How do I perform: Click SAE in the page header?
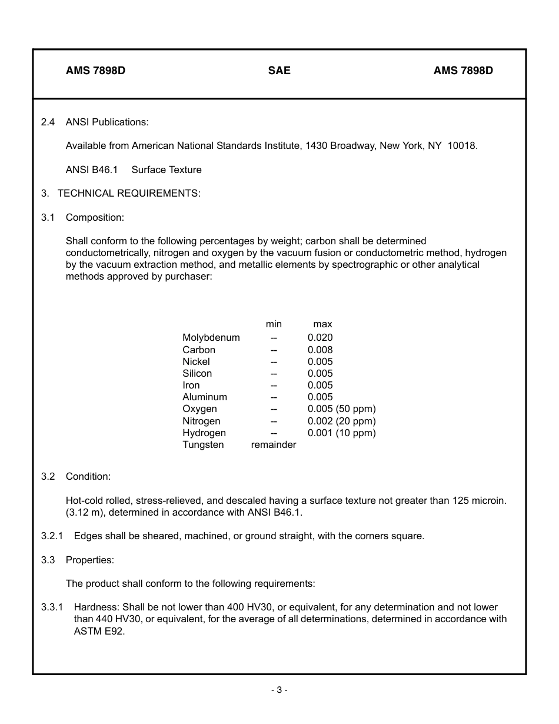coord(279,71)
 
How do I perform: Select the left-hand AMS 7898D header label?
coord(95,71)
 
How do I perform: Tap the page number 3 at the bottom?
coord(279,690)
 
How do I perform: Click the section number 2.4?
coord(48,122)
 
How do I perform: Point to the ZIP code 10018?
coord(462,145)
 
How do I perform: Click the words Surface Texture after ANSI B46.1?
coord(167,170)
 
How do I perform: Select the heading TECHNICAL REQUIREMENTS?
coord(129,193)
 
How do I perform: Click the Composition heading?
coord(95,217)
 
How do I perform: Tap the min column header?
coord(274,324)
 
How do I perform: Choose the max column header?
coord(322,324)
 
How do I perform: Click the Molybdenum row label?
coord(211,337)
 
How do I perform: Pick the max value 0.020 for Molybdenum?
coord(320,337)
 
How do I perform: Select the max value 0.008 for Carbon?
coord(320,350)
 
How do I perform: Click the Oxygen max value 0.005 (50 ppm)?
coord(341,409)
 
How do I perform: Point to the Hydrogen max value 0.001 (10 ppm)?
coord(341,433)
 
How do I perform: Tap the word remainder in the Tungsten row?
coord(274,444)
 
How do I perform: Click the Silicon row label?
coord(197,373)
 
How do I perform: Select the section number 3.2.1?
coord(52,536)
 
